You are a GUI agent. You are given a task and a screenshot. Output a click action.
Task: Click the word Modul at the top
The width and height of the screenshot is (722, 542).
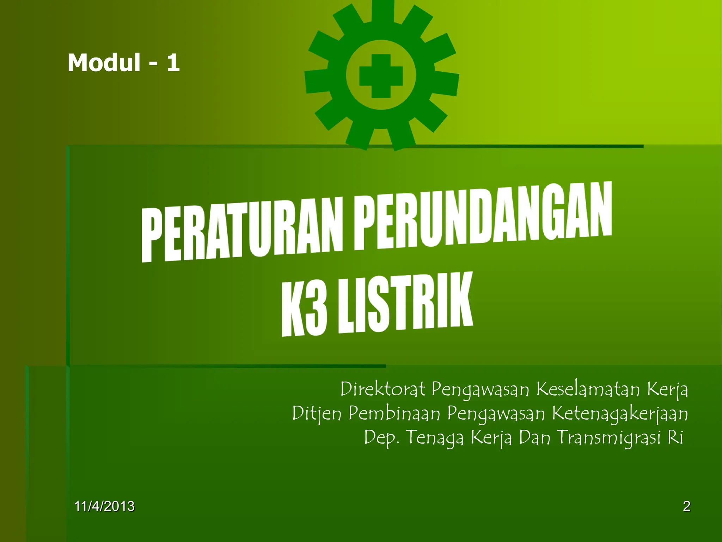point(104,63)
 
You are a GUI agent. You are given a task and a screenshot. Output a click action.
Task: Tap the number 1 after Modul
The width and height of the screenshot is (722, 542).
point(173,63)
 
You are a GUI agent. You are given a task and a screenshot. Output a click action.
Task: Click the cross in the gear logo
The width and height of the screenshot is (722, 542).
point(381,76)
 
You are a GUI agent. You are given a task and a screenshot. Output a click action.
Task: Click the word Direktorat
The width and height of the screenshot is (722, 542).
point(383,390)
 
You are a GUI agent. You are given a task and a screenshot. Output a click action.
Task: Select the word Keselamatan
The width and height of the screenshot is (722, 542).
point(588,390)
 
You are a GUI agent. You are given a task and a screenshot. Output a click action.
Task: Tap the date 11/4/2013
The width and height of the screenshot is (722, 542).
point(104,506)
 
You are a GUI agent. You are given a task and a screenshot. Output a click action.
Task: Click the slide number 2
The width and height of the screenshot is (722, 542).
point(686,506)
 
